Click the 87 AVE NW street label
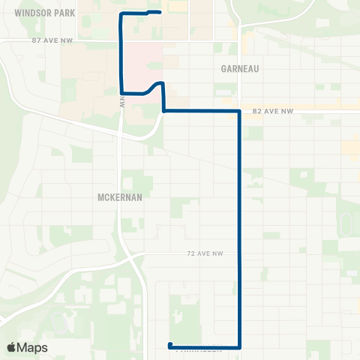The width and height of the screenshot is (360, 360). click(52, 40)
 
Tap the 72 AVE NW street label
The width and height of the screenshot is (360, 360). click(203, 255)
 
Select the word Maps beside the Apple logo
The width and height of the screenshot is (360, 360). click(34, 347)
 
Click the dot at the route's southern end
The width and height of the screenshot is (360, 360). click(169, 346)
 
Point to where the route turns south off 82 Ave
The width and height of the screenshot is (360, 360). click(239, 111)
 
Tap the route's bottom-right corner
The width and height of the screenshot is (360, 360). click(239, 346)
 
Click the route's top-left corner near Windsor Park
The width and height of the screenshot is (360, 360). click(121, 14)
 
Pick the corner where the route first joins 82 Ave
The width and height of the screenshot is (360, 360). click(163, 111)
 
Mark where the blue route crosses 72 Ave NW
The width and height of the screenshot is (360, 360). click(239, 254)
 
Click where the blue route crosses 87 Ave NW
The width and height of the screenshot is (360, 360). click(121, 40)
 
